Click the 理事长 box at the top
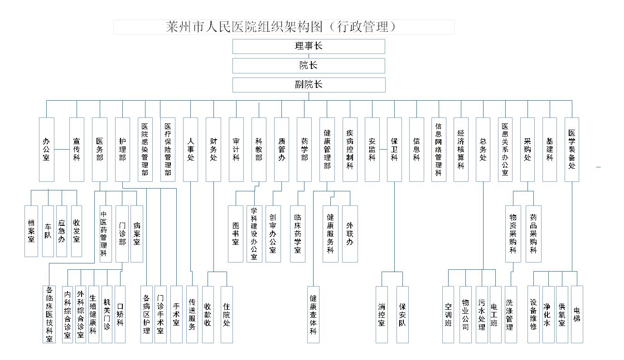[x=309, y=46]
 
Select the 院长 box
[x=309, y=66]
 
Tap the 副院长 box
[x=309, y=85]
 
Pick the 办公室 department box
[x=47, y=150]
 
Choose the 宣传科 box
[x=77, y=150]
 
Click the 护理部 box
[x=122, y=150]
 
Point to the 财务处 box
[x=213, y=150]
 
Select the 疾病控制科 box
[x=350, y=150]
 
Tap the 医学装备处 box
[x=572, y=150]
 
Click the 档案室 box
[x=31, y=231]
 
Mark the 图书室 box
[x=236, y=234]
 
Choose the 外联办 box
[x=350, y=234]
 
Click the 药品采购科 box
[x=533, y=234]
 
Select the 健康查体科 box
[x=314, y=315]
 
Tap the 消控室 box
[x=382, y=315]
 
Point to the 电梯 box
[x=577, y=315]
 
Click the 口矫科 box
[x=120, y=315]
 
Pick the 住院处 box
[x=227, y=315]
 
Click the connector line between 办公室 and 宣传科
[x=62, y=149]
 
